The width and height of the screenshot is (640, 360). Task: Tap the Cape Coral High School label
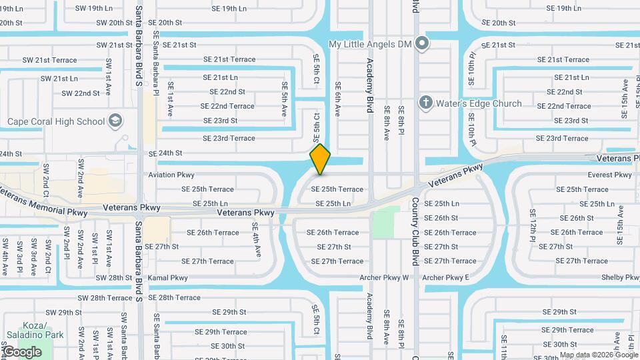point(56,121)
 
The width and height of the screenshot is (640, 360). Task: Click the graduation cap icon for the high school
point(116,121)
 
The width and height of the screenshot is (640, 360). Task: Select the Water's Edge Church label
point(479,103)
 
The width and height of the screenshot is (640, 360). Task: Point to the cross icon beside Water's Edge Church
point(426,103)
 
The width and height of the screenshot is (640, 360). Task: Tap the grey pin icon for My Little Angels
point(421,44)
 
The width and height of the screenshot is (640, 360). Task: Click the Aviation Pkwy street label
point(171,175)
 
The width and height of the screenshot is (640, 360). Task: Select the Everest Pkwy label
point(609,175)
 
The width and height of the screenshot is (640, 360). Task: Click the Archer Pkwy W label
point(388,277)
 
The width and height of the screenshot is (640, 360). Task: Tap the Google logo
point(22,351)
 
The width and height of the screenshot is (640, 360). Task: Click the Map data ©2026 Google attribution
point(598,355)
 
